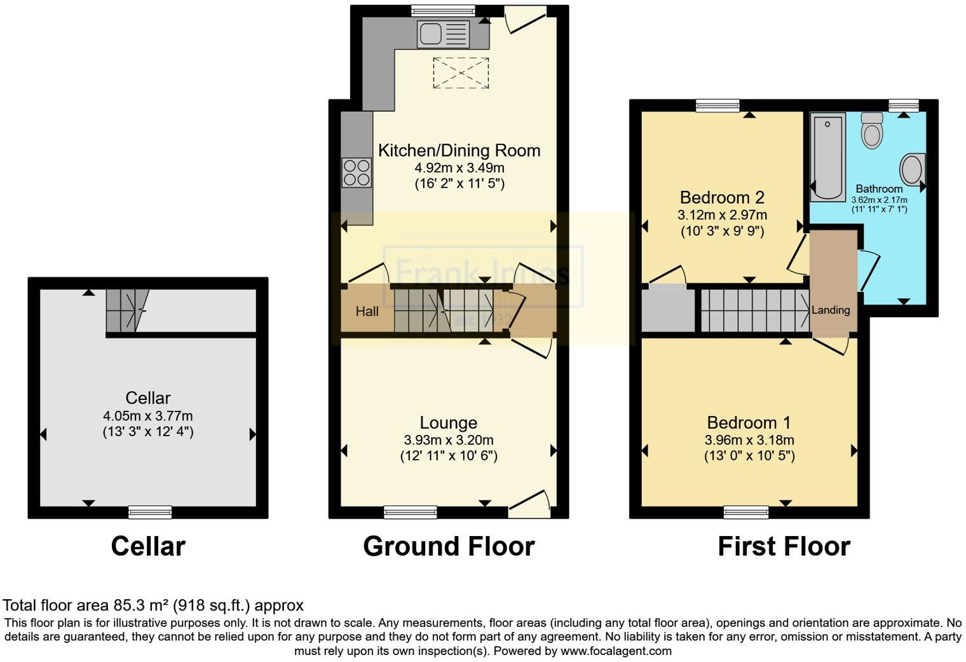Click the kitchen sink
[443, 34]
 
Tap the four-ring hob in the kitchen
[357, 172]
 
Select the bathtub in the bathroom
[827, 156]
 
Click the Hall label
[367, 311]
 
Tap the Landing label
[831, 310]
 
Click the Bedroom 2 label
[722, 197]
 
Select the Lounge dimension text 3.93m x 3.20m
[449, 440]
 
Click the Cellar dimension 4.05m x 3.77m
[148, 416]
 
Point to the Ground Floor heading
[449, 546]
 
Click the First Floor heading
[784, 546]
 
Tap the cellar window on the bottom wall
[150, 512]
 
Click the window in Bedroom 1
[745, 512]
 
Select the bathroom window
[903, 106]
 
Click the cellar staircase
[126, 310]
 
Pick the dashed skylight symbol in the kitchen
[461, 72]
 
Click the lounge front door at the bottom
[531, 502]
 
